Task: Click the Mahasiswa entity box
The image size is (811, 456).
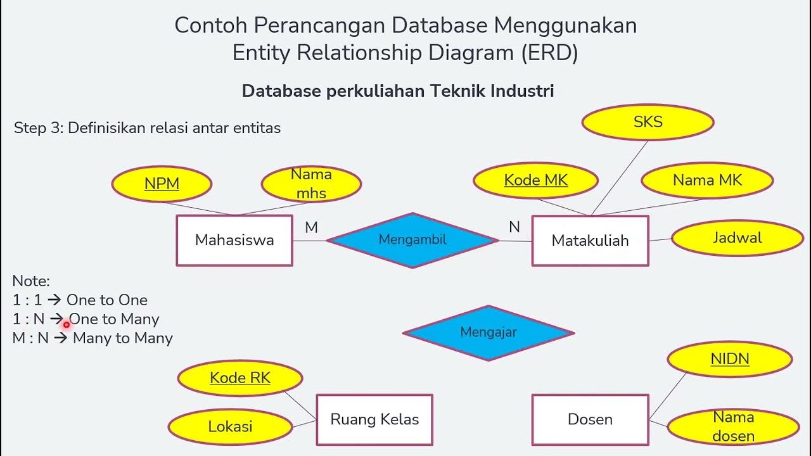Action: tap(234, 240)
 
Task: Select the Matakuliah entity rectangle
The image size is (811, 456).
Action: tap(590, 240)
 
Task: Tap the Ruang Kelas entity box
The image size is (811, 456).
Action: tap(374, 419)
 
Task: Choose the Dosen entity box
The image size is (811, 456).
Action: tap(590, 419)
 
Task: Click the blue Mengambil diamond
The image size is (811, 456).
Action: tap(412, 240)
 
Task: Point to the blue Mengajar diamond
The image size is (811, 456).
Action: tap(489, 332)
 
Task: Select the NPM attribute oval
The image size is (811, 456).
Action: tap(162, 184)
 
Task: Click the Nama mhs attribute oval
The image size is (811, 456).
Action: tap(311, 184)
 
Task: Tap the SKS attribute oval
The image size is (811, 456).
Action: tap(648, 122)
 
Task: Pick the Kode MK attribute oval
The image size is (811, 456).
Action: tap(535, 180)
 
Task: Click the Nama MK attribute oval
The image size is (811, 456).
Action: tap(707, 180)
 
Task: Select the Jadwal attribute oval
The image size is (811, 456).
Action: tap(737, 238)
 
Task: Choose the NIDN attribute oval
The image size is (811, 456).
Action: tap(730, 359)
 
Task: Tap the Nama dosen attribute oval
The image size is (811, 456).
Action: tap(733, 427)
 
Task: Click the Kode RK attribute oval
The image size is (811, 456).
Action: tap(240, 378)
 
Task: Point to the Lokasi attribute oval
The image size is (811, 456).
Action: tap(231, 426)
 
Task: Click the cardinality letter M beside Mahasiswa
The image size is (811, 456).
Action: tap(311, 227)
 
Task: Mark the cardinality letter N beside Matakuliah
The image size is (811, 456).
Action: tap(514, 227)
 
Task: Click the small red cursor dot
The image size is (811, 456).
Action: tap(66, 325)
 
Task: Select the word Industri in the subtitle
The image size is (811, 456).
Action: tap(523, 91)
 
